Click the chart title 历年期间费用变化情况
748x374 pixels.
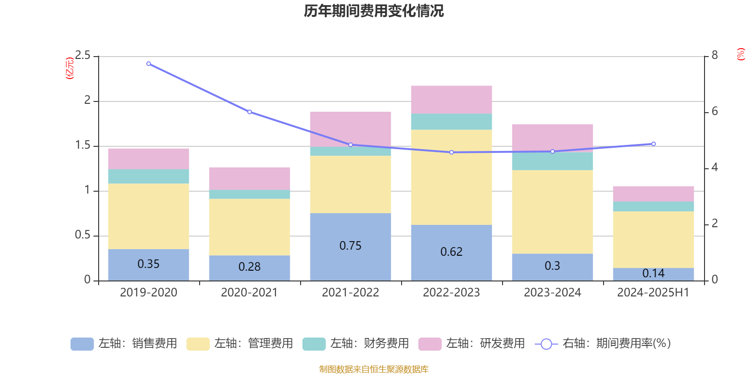pyautogui.click(x=374, y=11)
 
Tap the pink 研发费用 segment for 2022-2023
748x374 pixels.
pyautogui.click(x=452, y=100)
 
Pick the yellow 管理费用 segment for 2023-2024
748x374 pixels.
pyautogui.click(x=553, y=212)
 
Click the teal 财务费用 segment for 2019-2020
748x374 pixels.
pyautogui.click(x=149, y=176)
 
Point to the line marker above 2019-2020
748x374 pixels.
pyautogui.click(x=149, y=64)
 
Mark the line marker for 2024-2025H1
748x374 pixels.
pyautogui.click(x=654, y=144)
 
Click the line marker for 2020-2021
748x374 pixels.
pyautogui.click(x=250, y=112)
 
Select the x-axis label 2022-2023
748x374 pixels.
pyautogui.click(x=452, y=293)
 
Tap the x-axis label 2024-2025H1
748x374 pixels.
pyautogui.click(x=654, y=293)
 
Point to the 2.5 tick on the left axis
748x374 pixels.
pyautogui.click(x=83, y=56)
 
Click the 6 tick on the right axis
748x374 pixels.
pyautogui.click(x=714, y=111)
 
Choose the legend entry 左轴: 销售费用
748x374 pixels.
pyautogui.click(x=124, y=344)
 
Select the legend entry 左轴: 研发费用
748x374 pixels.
pyautogui.click(x=472, y=344)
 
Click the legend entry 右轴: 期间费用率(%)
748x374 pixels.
pyautogui.click(x=603, y=344)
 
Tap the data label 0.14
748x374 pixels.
pyautogui.click(x=654, y=273)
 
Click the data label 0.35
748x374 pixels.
pyautogui.click(x=149, y=264)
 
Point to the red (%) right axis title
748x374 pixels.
pyautogui.click(x=741, y=54)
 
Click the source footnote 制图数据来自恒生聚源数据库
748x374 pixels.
pyautogui.click(x=374, y=369)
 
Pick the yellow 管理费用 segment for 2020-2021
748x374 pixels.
pyautogui.click(x=250, y=227)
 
